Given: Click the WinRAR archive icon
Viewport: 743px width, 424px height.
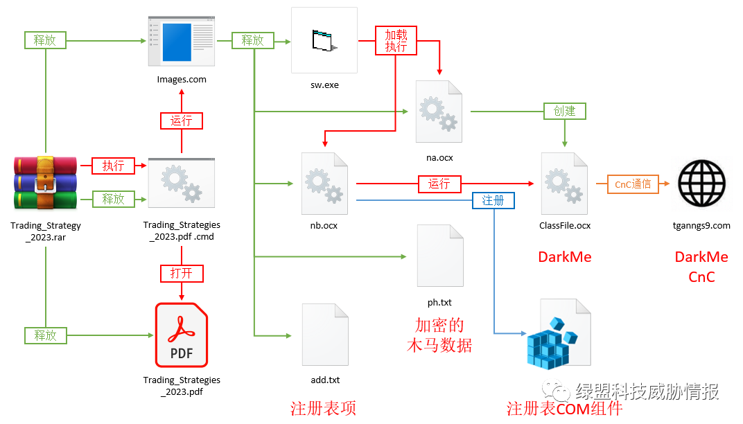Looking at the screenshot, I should tap(45, 183).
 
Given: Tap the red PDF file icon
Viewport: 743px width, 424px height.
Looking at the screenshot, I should tap(181, 335).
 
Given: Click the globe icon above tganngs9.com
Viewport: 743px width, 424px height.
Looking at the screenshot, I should tap(702, 184).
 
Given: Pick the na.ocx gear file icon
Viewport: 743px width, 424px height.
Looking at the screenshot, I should tap(439, 113).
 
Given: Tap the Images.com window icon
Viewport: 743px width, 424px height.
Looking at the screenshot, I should tap(182, 41).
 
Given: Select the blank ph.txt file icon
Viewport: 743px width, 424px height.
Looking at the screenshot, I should tap(439, 256).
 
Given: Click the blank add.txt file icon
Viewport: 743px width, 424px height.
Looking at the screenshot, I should tap(324, 335).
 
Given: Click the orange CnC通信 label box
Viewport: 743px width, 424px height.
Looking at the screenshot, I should tap(633, 184).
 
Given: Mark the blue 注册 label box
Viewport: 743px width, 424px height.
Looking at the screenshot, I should tap(493, 200).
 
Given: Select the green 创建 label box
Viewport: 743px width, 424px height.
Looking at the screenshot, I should tap(564, 111).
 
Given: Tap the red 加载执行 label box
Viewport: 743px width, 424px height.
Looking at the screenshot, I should tap(396, 41).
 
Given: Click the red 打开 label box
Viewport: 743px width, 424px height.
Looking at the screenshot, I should tap(182, 273).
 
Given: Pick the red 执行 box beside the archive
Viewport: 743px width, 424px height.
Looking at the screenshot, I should tap(114, 166).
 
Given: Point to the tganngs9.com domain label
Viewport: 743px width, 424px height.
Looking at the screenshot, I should tap(702, 225).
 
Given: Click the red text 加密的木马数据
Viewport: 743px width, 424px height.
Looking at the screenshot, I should tap(439, 335).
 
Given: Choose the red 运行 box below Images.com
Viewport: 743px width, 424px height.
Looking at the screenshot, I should tap(182, 121).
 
